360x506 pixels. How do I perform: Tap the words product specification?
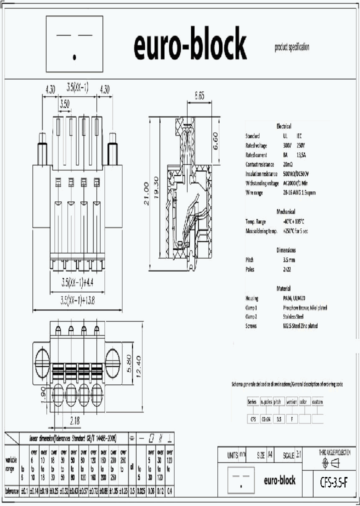pyautogui.click(x=292, y=47)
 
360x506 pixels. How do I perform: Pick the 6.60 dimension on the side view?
pyautogui.click(x=216, y=141)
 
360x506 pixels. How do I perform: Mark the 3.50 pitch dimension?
pyautogui.click(x=64, y=104)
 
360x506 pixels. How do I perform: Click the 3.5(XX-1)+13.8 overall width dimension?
pyautogui.click(x=77, y=301)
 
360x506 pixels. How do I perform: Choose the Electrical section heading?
pyautogui.click(x=283, y=126)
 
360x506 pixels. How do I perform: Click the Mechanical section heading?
pyautogui.click(x=285, y=211)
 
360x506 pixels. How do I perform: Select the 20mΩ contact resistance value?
pyautogui.click(x=287, y=164)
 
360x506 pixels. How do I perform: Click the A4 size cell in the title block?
pyautogui.click(x=270, y=455)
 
